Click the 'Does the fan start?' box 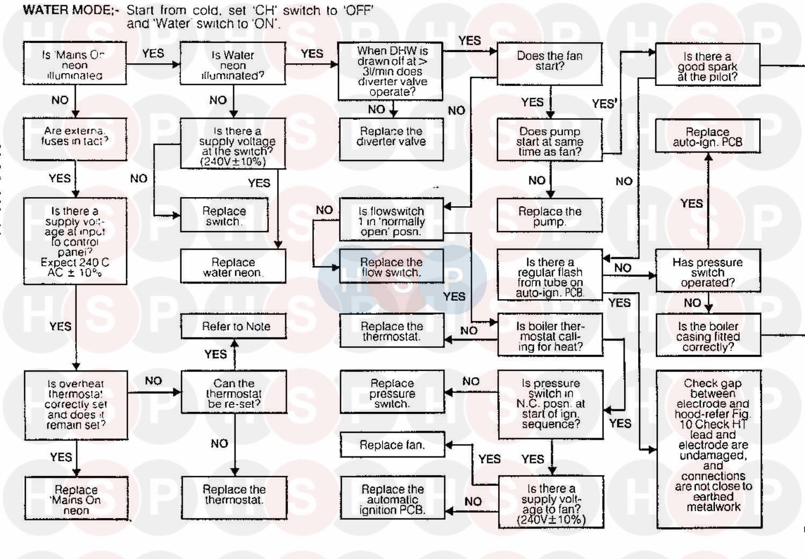pyautogui.click(x=550, y=63)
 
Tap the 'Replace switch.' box pyautogui.click(x=224, y=215)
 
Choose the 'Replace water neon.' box pyautogui.click(x=233, y=267)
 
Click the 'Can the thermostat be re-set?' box pyautogui.click(x=234, y=394)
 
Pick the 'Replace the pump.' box pyautogui.click(x=550, y=215)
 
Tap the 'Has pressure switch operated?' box pyautogui.click(x=707, y=271)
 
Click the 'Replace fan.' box pyautogui.click(x=392, y=445)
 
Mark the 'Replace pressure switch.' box pyautogui.click(x=392, y=394)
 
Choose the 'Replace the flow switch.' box pyautogui.click(x=391, y=267)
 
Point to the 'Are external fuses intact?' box pyautogui.click(x=75, y=136)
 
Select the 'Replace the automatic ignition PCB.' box pyautogui.click(x=392, y=500)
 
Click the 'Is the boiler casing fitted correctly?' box pyautogui.click(x=708, y=336)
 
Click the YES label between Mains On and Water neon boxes pyautogui.click(x=153, y=53)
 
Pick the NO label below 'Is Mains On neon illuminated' pyautogui.click(x=60, y=100)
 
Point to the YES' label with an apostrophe pyautogui.click(x=604, y=104)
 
